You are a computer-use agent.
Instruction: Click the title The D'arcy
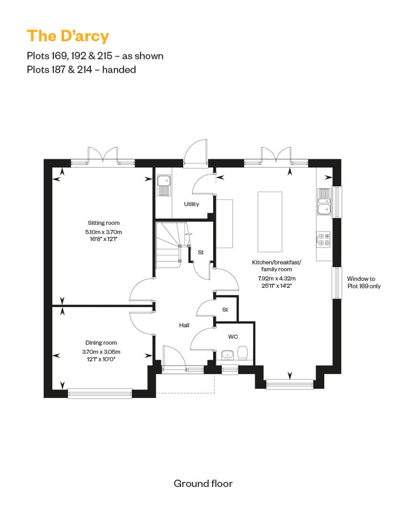(x=68, y=36)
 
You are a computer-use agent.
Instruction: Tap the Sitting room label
(x=104, y=223)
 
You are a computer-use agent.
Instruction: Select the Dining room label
(x=101, y=343)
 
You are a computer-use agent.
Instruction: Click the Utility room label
(x=191, y=204)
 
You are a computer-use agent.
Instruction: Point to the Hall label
(x=184, y=325)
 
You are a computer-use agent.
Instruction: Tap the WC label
(x=232, y=337)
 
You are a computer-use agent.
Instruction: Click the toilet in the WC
(x=243, y=353)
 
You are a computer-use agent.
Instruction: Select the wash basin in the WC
(x=228, y=355)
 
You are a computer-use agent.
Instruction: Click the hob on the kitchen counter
(x=323, y=239)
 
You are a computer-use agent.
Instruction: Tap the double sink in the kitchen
(x=324, y=202)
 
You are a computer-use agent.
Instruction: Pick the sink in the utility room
(x=164, y=185)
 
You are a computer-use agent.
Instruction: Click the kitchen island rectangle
(x=270, y=221)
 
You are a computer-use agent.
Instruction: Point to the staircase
(x=168, y=245)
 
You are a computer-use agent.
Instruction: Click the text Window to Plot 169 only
(x=364, y=282)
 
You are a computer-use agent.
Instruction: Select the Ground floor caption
(x=203, y=483)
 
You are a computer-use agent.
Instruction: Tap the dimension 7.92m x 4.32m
(x=277, y=278)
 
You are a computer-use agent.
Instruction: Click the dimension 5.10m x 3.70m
(x=104, y=232)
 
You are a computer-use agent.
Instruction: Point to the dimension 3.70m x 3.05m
(x=101, y=352)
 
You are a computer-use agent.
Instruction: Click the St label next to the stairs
(x=201, y=252)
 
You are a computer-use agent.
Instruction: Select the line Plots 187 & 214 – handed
(x=82, y=70)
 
